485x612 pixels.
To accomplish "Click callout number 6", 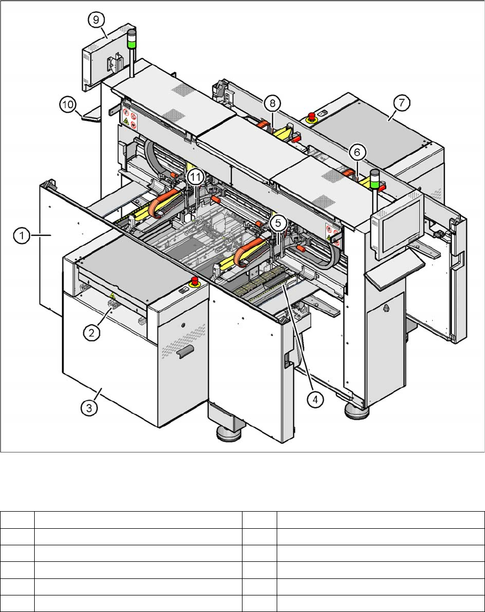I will tap(357, 153).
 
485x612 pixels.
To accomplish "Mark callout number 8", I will tap(272, 102).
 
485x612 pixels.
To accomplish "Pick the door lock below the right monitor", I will tap(386, 308).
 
